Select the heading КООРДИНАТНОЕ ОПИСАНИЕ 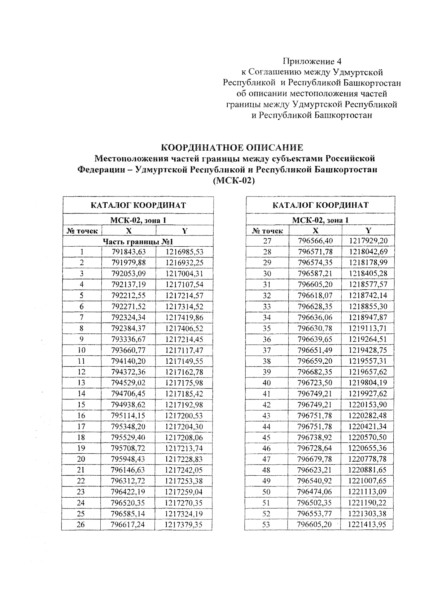[232, 148]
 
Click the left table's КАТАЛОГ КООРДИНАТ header [138, 206]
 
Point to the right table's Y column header [368, 230]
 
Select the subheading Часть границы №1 [139, 241]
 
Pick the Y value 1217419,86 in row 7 [184, 317]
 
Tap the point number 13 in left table [82, 383]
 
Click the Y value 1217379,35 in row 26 [184, 524]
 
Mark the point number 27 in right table [267, 241]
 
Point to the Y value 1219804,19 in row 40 [368, 383]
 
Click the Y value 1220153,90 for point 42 [367, 404]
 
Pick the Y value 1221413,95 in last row [367, 524]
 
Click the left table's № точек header [82, 231]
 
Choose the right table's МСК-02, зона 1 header [320, 220]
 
